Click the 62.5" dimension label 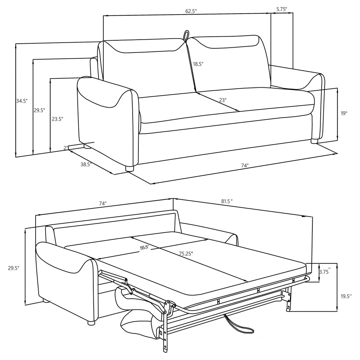click(191, 11)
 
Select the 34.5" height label click(22, 101)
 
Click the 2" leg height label click(66, 147)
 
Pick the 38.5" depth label click(86, 164)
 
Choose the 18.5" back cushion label click(198, 64)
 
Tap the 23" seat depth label click(223, 99)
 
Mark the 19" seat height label click(344, 113)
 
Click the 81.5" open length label click(226, 201)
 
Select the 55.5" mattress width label click(144, 247)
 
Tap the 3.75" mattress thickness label click(325, 272)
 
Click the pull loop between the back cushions click(186, 36)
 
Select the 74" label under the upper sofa click(245, 166)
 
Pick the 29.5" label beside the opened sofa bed click(14, 267)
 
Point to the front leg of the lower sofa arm click(91, 322)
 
